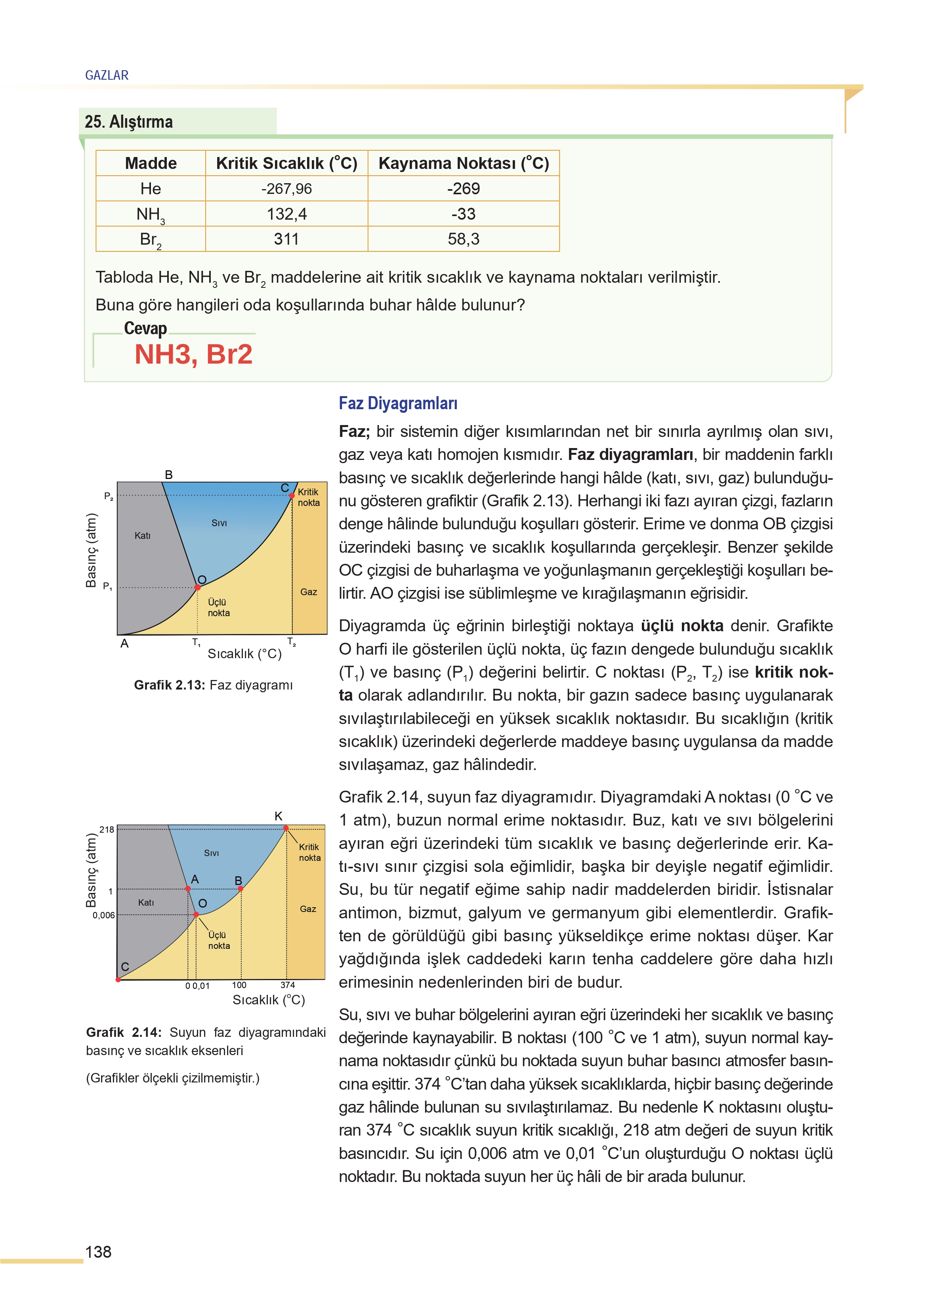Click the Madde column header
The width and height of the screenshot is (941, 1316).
point(151,163)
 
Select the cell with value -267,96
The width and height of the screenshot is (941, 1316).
point(286,188)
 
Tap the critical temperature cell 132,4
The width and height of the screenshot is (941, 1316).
point(286,214)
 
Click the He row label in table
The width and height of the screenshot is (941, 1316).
point(151,188)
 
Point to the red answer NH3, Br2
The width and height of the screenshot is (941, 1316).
point(193,354)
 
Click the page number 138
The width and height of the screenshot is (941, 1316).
point(99,1252)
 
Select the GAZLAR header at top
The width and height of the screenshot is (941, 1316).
point(107,75)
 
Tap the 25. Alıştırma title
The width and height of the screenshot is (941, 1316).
point(129,122)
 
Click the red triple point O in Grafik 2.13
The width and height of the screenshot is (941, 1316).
point(198,587)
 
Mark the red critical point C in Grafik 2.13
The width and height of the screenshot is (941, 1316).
point(292,496)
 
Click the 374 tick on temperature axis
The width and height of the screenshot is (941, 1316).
point(287,985)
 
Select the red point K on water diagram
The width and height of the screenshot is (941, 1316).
point(286,828)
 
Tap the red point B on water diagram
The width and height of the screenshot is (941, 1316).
point(240,888)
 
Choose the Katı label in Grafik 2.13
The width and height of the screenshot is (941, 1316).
point(143,536)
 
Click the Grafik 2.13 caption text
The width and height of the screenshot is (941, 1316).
point(213,685)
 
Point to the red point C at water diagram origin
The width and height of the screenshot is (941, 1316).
point(118,979)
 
